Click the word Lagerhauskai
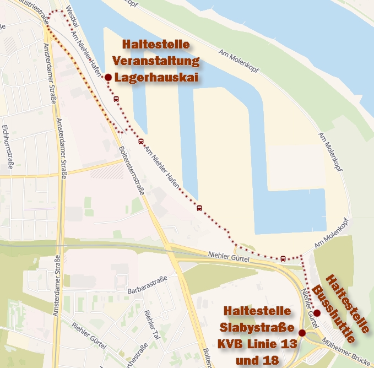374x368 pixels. tap(156, 78)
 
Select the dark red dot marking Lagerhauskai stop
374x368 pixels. tap(109, 77)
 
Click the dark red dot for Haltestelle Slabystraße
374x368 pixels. tap(302, 333)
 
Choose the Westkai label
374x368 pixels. tap(72, 15)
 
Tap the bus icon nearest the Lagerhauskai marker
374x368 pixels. tap(116, 99)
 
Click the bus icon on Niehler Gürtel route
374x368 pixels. tap(283, 258)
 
